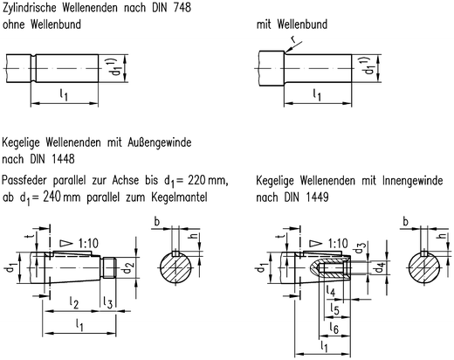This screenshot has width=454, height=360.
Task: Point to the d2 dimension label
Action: click(x=127, y=265)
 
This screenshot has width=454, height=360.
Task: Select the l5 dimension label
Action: click(x=335, y=310)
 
